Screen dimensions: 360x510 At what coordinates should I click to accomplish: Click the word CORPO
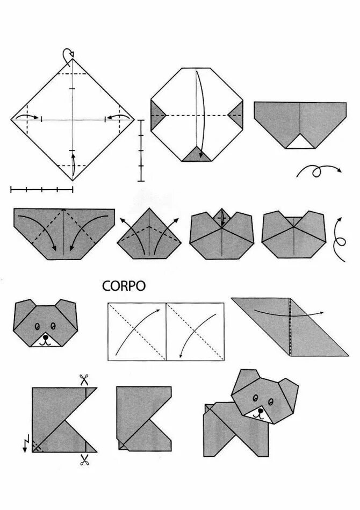point(124,286)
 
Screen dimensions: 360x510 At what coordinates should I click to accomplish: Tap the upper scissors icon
point(84,379)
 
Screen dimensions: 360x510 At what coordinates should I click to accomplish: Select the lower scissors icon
point(84,460)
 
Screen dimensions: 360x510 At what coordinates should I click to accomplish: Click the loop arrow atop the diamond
point(68,55)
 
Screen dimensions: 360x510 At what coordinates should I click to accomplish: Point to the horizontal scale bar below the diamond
point(41,189)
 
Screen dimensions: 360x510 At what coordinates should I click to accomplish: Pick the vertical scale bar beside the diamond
point(141,150)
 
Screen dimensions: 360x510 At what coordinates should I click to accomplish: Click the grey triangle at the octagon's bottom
point(197,155)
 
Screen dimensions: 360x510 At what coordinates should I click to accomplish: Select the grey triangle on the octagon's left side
point(156,115)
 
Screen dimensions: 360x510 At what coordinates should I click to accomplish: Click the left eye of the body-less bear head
point(38,326)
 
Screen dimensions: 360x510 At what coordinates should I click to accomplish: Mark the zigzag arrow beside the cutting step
point(25,444)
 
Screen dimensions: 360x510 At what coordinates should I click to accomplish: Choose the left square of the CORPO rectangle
point(137,332)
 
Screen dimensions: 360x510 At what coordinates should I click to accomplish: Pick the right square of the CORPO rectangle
point(195,332)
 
